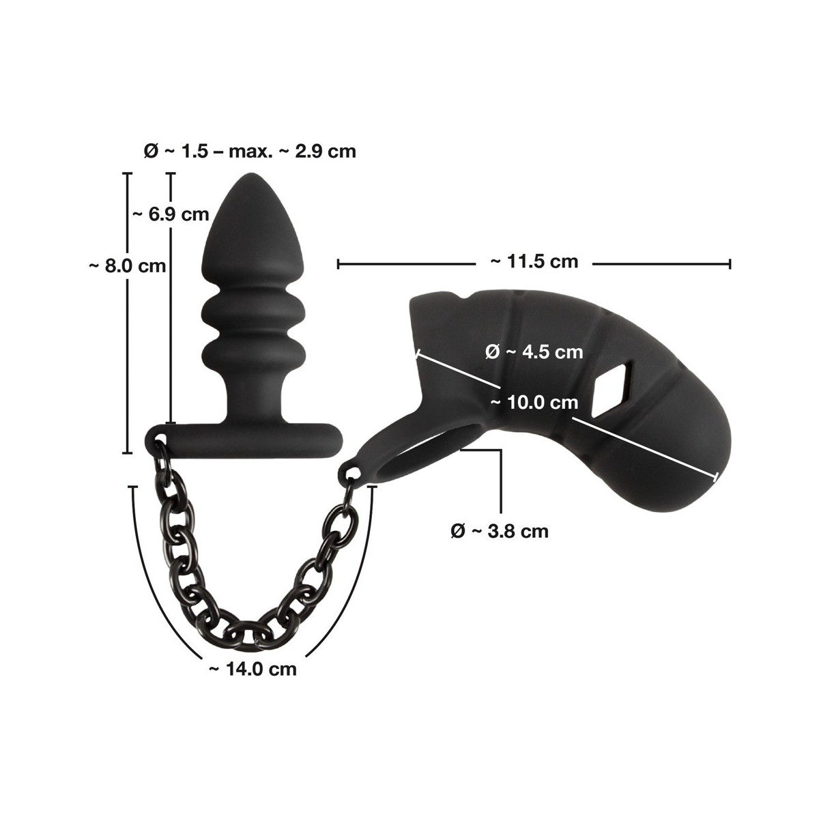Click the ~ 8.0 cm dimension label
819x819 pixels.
[x=127, y=266]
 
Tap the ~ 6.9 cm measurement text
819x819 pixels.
[x=171, y=214]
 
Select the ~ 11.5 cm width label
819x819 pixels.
[x=534, y=261]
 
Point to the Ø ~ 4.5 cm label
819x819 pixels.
[x=534, y=352]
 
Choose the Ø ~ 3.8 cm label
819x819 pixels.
[x=500, y=531]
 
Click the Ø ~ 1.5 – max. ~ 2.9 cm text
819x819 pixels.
[x=250, y=152]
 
